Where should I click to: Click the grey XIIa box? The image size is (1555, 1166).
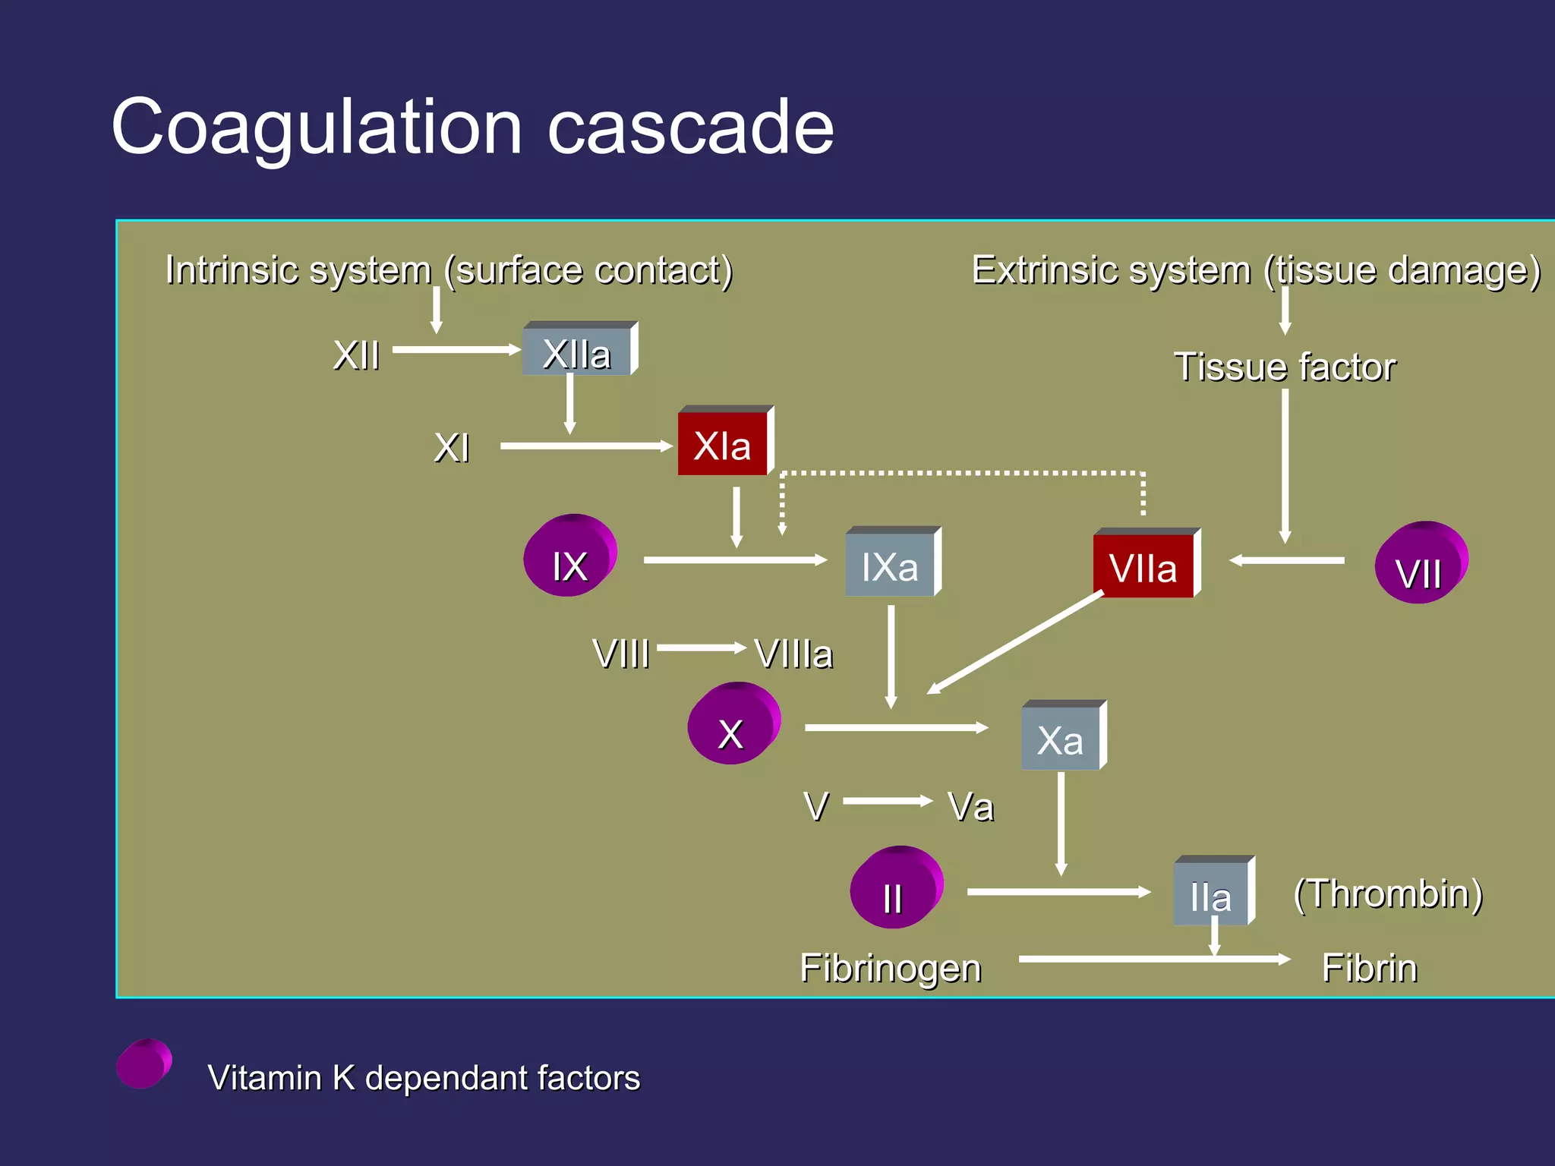(x=579, y=351)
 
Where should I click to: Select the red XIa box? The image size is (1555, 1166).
(x=724, y=444)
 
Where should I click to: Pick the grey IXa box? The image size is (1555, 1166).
(x=891, y=565)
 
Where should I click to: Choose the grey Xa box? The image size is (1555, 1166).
(x=1062, y=738)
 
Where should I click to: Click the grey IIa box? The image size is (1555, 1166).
(x=1212, y=894)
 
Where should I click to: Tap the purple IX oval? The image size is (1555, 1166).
(x=569, y=556)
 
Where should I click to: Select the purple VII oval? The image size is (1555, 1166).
(x=1421, y=563)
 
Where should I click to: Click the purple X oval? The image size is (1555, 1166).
(x=733, y=724)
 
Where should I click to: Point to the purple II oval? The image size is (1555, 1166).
(x=895, y=888)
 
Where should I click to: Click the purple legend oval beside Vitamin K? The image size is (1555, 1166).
(x=144, y=1064)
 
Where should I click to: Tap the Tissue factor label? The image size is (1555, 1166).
(x=1285, y=367)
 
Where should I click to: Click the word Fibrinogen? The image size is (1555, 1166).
(x=891, y=969)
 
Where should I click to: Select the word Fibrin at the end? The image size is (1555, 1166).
(x=1369, y=969)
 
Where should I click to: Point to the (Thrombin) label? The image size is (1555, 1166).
(x=1388, y=894)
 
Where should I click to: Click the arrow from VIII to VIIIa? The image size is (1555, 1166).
(x=701, y=648)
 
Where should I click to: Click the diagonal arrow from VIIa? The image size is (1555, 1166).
(x=1016, y=642)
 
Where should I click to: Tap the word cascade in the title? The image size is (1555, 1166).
(x=690, y=128)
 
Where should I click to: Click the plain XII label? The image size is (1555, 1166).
(x=356, y=355)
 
